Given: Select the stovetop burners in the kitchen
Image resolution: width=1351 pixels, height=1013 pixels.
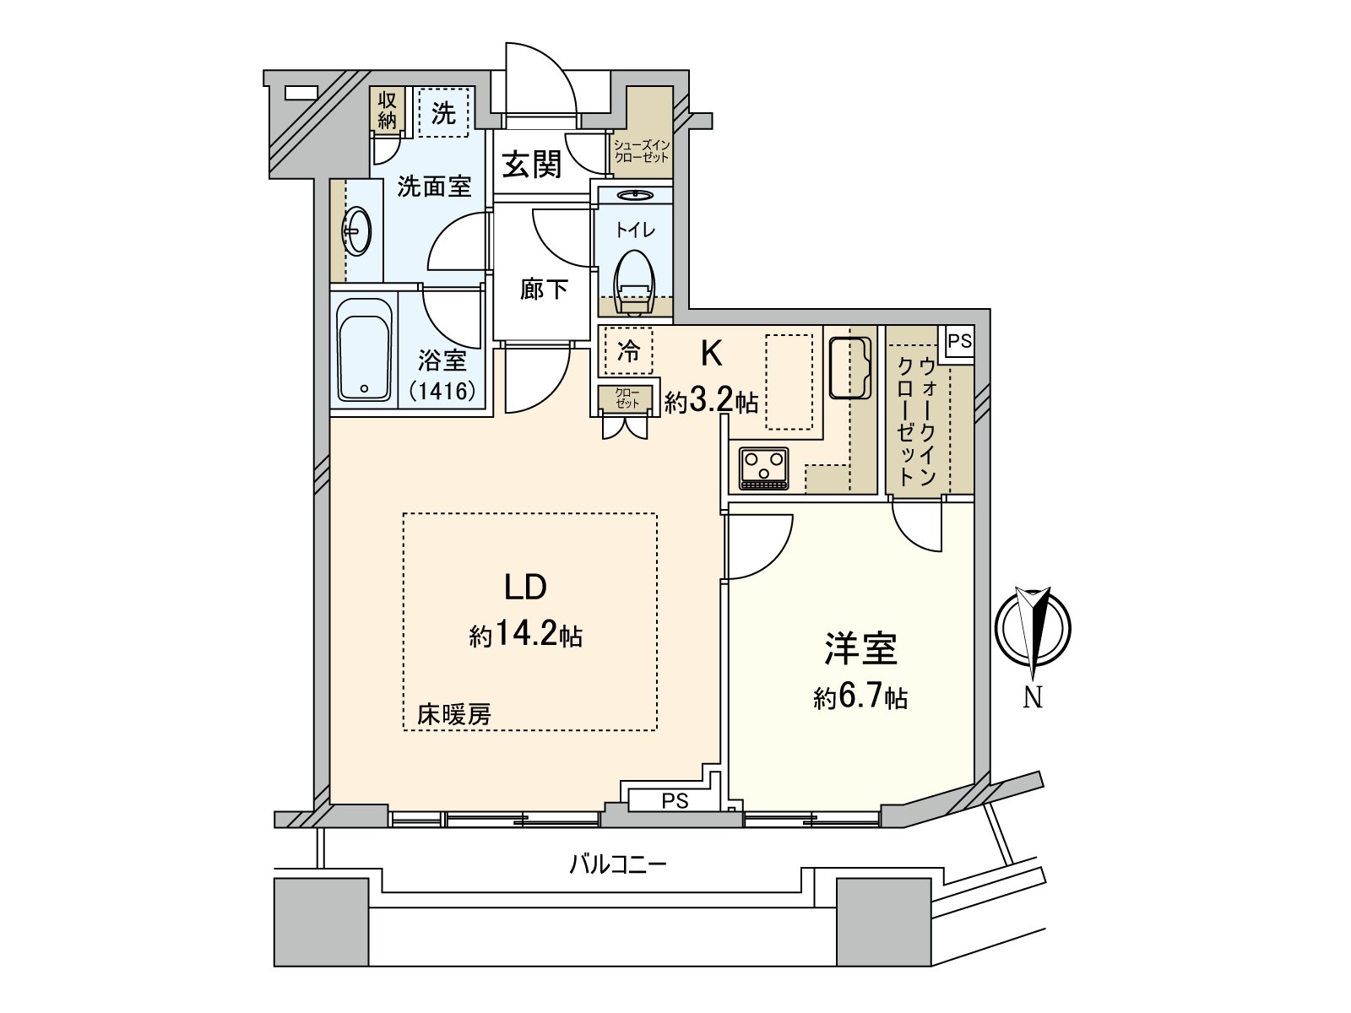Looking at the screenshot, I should (x=763, y=467).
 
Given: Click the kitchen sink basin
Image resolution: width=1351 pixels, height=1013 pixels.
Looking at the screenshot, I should (x=849, y=367).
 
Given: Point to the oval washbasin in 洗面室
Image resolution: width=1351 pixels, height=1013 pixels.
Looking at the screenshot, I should (x=356, y=230).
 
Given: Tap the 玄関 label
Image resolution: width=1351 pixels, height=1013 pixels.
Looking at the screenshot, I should (x=532, y=164).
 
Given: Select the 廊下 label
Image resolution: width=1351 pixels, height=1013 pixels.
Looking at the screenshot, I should (x=544, y=290).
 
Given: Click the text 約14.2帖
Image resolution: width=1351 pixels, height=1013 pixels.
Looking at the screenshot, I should (x=526, y=635).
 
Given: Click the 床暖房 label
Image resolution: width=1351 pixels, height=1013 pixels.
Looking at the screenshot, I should (x=454, y=715).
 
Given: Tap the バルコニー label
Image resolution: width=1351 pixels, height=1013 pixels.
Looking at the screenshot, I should (x=618, y=864).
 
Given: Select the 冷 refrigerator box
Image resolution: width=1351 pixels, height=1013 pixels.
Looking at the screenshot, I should (x=629, y=351).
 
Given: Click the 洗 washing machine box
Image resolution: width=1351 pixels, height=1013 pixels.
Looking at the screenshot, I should (x=444, y=113).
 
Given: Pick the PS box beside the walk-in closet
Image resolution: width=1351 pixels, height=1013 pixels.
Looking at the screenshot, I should (x=959, y=342).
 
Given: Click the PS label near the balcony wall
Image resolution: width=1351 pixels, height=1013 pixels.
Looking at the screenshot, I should (x=675, y=800).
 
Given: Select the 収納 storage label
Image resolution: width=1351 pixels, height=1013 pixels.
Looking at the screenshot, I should (x=387, y=110).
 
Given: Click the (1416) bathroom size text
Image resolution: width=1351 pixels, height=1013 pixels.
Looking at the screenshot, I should (x=442, y=391).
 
